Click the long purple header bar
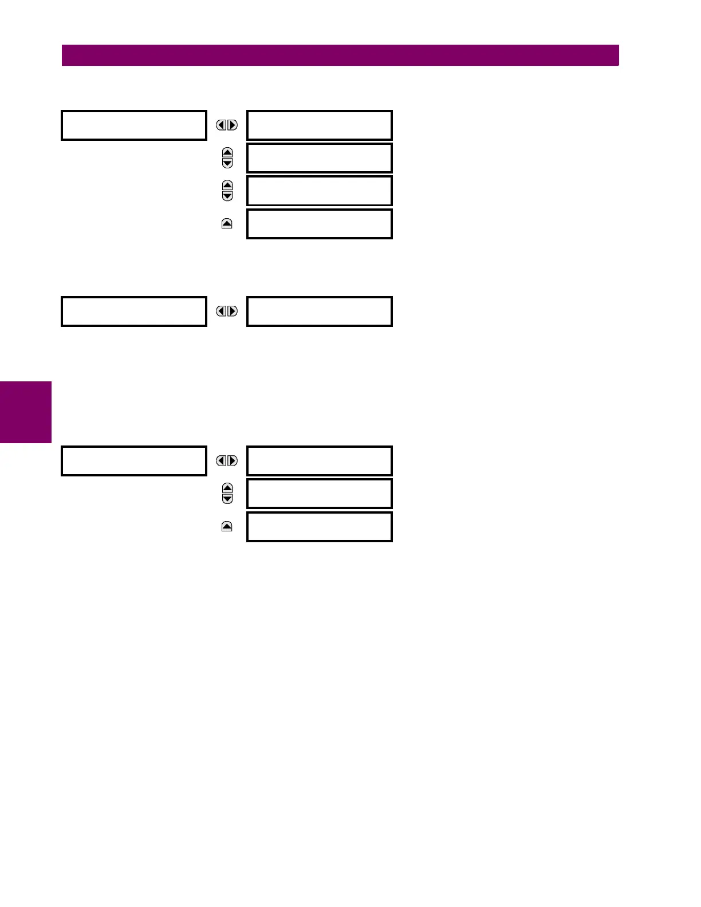point(340,56)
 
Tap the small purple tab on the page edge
point(26,412)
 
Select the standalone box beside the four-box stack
point(133,125)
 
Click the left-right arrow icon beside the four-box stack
point(227,125)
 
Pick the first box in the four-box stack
point(319,125)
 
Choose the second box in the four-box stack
point(319,158)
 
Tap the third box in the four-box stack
point(319,191)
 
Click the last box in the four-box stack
point(319,224)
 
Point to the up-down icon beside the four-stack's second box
point(227,158)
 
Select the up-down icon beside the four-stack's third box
point(227,191)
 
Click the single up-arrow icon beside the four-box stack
point(227,224)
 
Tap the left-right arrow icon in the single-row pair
point(227,311)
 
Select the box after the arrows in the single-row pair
point(319,311)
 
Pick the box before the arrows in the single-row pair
point(133,311)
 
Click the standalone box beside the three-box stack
point(133,461)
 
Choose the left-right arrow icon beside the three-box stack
point(227,461)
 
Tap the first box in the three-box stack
point(319,461)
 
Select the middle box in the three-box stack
point(319,494)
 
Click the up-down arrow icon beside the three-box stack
point(227,494)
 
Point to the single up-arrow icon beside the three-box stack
point(227,527)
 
